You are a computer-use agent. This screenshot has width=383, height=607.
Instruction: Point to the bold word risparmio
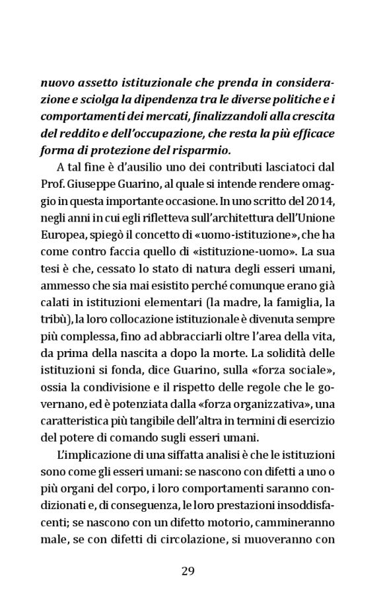[x=196, y=149]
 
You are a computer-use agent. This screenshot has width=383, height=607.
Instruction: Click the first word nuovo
[x=58, y=83]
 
